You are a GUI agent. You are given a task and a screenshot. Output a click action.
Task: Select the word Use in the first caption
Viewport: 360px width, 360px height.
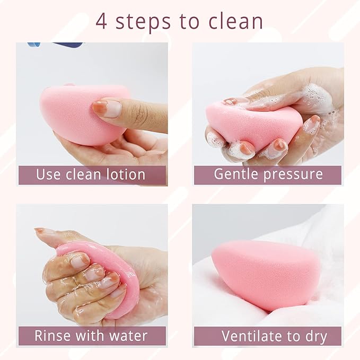click(x=48, y=174)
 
